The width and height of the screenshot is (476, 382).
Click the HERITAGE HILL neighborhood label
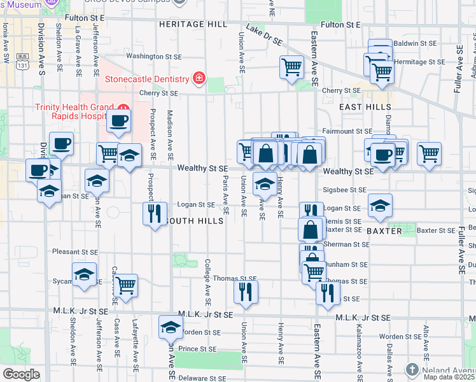(x=193, y=24)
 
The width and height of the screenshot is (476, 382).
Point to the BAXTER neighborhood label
(x=384, y=231)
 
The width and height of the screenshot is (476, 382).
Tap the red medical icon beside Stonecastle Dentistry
(x=199, y=79)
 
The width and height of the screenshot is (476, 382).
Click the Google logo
(x=21, y=374)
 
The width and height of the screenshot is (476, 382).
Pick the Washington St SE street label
(x=153, y=56)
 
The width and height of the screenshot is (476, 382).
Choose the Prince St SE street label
(x=199, y=349)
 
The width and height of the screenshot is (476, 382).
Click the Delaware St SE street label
(x=199, y=377)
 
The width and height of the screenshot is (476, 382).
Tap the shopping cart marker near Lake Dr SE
(x=292, y=66)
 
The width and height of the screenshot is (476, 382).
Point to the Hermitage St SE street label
(x=416, y=62)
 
